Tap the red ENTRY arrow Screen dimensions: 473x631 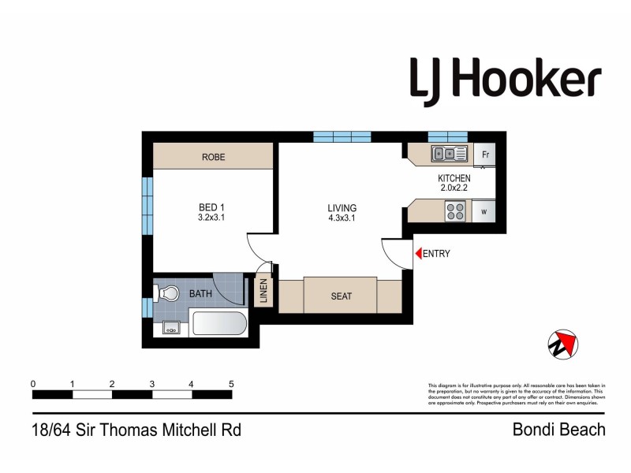click(418, 254)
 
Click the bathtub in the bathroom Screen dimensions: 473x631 click(219, 323)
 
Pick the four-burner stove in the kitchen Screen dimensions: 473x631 click(455, 211)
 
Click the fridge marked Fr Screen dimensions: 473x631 click(484, 155)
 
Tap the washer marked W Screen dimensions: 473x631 click(484, 211)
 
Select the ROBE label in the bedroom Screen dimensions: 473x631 click(213, 157)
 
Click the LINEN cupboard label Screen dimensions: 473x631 click(264, 292)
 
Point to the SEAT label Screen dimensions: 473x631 click(341, 296)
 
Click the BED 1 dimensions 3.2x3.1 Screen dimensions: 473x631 click(212, 219)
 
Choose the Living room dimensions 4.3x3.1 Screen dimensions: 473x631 click(342, 219)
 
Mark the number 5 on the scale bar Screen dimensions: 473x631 click(231, 384)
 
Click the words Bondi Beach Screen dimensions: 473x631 click(558, 430)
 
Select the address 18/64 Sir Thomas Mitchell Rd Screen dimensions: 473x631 click(135, 430)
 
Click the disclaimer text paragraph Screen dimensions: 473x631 click(516, 393)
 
